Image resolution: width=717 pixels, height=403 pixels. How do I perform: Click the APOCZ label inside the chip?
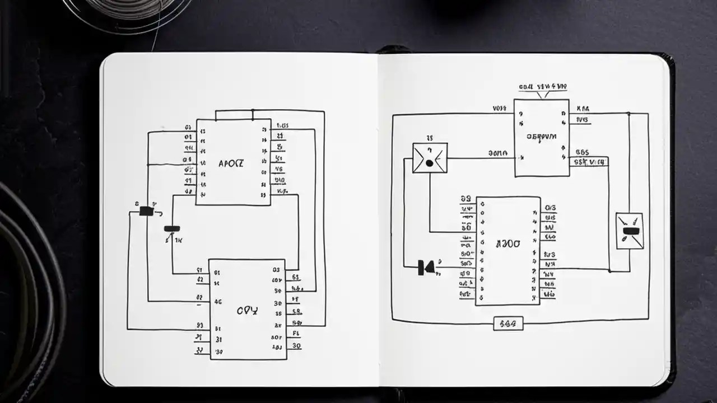tap(231, 164)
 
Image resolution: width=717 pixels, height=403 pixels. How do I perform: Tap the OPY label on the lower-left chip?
tap(247, 311)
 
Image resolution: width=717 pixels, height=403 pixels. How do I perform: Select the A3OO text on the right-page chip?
tap(508, 244)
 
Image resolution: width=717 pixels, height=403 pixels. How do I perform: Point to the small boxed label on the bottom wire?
tap(508, 323)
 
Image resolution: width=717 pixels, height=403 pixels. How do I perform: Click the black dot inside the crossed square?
tap(429, 163)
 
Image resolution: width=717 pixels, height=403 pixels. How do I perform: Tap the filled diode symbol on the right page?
tap(426, 268)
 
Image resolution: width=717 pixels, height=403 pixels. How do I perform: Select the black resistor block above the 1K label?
tap(171, 228)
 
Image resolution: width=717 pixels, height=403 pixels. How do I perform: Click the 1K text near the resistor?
tap(179, 241)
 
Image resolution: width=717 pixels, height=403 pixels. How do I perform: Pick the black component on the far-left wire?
tap(146, 211)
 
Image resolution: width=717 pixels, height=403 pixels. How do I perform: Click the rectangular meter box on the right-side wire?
tap(629, 231)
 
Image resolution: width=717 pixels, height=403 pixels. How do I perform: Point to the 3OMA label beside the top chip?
tap(497, 152)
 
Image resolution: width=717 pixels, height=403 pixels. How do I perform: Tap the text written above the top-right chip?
tap(543, 87)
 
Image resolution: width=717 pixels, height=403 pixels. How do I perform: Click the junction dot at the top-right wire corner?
tap(628, 114)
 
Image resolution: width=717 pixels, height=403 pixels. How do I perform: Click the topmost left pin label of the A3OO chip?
tap(465, 199)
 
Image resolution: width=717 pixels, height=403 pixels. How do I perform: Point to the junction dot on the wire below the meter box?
tap(609, 270)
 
